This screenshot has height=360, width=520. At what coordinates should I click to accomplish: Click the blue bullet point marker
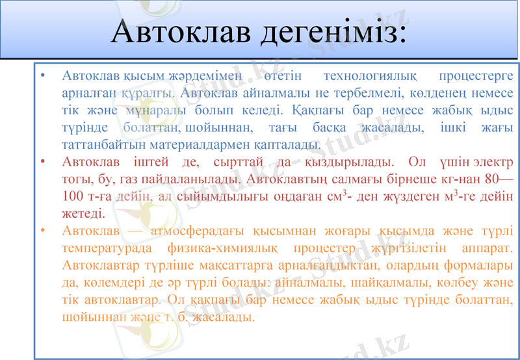click(42, 76)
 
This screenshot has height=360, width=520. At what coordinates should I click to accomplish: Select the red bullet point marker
click(42, 161)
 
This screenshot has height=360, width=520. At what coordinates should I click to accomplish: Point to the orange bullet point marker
click(42, 231)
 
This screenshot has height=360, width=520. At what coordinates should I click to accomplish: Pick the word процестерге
click(476, 76)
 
